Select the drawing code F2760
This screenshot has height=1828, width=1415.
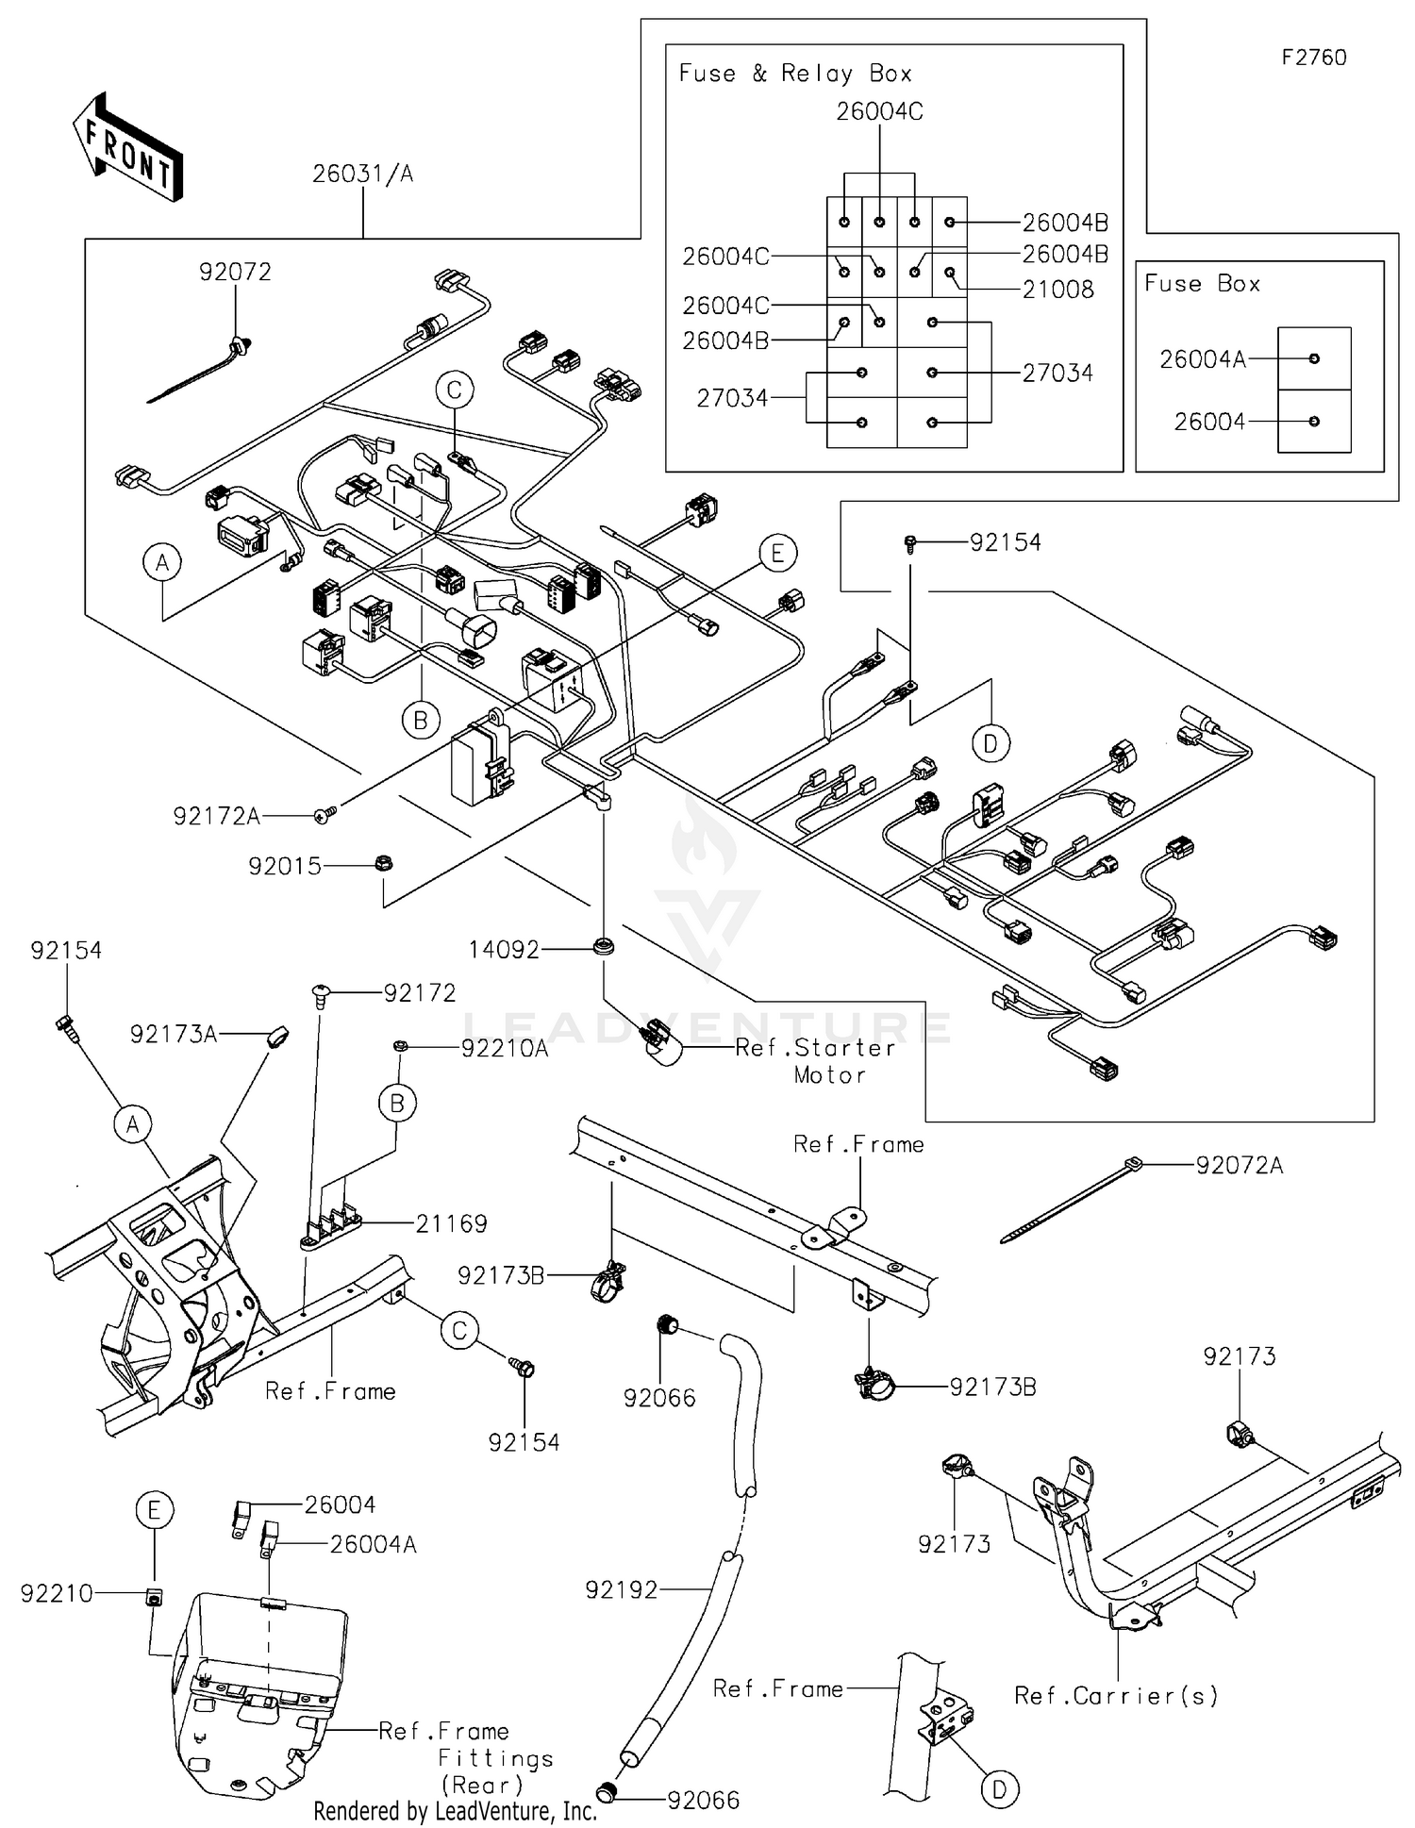[1313, 58]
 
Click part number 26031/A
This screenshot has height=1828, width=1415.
[362, 174]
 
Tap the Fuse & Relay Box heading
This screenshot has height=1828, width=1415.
[795, 74]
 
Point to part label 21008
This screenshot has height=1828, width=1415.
[1057, 290]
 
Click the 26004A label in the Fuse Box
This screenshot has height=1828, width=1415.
[1202, 359]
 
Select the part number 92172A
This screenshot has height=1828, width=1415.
[216, 817]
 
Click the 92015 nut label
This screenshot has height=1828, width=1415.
[285, 866]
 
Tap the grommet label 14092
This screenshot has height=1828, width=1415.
[504, 950]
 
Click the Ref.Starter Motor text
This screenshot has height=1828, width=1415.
[817, 1061]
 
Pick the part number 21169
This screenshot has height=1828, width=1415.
[451, 1224]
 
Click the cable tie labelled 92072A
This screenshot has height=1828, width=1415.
[1239, 1166]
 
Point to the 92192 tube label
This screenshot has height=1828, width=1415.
[621, 1590]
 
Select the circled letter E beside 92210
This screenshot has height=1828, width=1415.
[154, 1511]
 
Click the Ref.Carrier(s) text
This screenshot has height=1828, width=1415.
[1116, 1696]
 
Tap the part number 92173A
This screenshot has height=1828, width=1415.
[173, 1035]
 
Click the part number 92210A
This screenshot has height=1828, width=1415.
[504, 1049]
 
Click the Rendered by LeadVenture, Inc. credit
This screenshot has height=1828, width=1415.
[455, 1811]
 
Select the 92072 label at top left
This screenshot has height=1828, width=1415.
[235, 273]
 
